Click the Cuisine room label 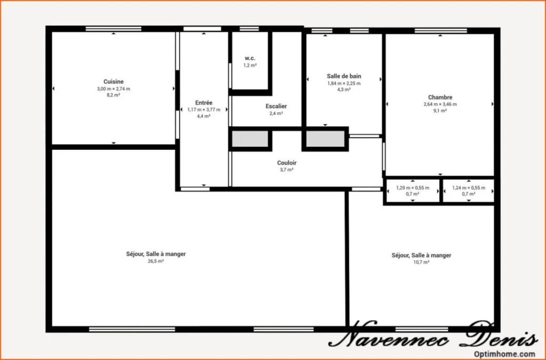coord(114,82)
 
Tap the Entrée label coord(204,103)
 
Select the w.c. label coord(250,59)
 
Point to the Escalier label coord(276,106)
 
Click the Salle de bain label coord(344,76)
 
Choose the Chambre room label coord(440,98)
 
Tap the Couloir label coord(287,163)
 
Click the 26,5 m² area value coord(156,261)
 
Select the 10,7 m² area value coord(421,262)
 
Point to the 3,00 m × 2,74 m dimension coord(114,89)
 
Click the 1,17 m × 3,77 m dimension coord(204,110)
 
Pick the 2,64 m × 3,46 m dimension coord(440,104)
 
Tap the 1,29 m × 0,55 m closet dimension coord(413,188)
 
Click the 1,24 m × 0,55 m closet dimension coord(469,188)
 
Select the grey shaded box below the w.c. coord(251,139)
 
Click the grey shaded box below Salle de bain coord(326,139)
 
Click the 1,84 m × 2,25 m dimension coord(344,83)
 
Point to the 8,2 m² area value coord(114,95)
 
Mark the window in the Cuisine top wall coord(114,29)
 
